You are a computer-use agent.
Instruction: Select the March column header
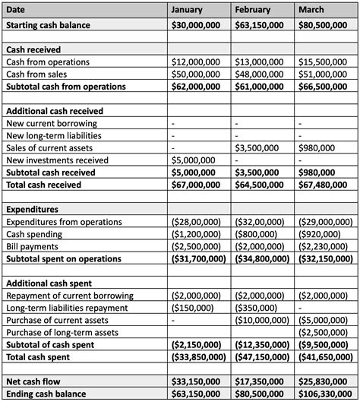311,10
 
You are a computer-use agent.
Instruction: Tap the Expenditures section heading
32,210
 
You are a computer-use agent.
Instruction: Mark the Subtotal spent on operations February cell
261,259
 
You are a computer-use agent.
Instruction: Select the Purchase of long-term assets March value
327,333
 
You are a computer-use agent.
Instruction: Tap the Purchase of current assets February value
261,321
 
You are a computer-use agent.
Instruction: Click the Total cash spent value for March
327,357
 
